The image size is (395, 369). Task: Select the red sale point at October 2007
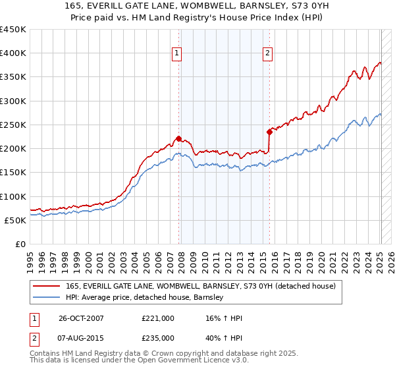[x=178, y=138]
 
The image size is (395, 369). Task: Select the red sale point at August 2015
[x=269, y=132]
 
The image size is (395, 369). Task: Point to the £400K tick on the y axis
[x=13, y=53]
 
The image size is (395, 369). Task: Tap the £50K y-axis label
[x=15, y=220]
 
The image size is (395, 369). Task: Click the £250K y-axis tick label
[x=13, y=125]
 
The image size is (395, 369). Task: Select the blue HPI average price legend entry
[x=145, y=297]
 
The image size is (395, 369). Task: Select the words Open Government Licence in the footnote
[x=177, y=361]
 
